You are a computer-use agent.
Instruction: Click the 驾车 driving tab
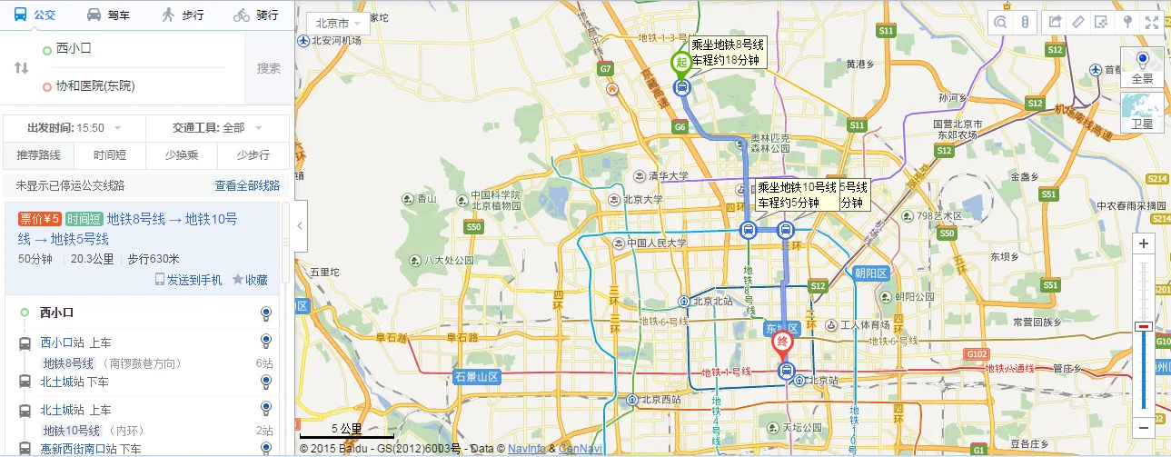pos(108,15)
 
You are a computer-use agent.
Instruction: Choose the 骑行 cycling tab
pos(255,15)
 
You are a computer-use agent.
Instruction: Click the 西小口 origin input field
pos(136,48)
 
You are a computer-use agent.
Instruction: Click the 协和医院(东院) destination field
pos(136,86)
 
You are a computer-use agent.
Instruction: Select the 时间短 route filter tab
pos(109,154)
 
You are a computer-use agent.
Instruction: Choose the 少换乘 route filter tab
pos(181,154)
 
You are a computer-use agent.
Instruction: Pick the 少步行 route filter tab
pos(253,154)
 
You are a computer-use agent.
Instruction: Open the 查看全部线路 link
pos(247,185)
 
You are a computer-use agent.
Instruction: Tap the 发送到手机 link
pos(189,280)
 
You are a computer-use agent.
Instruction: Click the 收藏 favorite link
pos(251,280)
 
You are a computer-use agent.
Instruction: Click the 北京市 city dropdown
pos(338,23)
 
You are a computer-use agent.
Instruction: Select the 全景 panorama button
pos(1142,67)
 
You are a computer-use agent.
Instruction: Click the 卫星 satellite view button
pos(1142,113)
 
